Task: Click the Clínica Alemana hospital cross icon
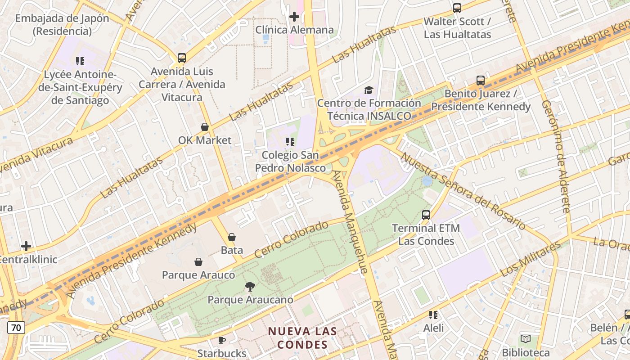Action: pos(294,17)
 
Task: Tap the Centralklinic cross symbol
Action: pos(26,246)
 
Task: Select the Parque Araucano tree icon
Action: pos(250,286)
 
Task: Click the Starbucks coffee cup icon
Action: pos(221,340)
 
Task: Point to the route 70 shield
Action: pos(16,328)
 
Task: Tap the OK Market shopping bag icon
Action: pos(205,127)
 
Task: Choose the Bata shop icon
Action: pos(232,237)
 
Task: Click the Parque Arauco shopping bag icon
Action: pos(198,262)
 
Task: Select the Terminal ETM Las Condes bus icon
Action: pos(426,215)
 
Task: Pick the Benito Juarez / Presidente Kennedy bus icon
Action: pos(481,81)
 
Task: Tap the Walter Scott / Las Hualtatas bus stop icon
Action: pos(457,8)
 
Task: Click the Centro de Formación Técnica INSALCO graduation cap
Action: pos(369,90)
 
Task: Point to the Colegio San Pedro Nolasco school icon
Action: pos(290,142)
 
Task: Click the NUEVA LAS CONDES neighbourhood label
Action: pos(302,338)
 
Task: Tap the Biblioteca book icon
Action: pos(525,339)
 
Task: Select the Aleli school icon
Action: pos(433,315)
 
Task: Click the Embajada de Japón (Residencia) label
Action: pos(62,25)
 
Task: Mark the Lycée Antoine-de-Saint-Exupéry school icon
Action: pos(80,61)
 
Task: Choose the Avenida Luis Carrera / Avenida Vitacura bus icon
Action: pos(182,58)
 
